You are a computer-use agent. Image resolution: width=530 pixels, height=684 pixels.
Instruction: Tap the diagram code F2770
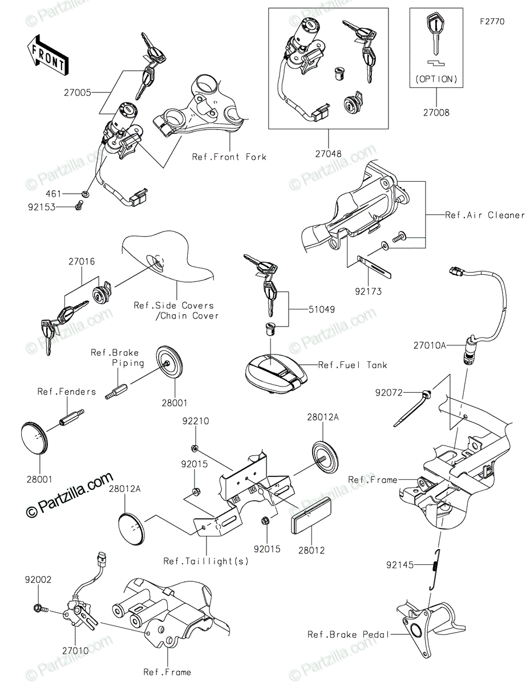click(492, 22)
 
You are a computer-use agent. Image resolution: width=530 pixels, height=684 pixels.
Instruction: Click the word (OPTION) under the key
click(436, 79)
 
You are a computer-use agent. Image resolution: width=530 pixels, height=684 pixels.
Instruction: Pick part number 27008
click(436, 113)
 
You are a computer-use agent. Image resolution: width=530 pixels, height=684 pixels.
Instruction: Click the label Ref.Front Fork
click(229, 157)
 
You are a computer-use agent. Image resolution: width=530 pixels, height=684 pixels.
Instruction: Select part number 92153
click(43, 207)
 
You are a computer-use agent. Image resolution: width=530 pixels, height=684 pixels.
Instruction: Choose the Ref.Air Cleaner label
click(485, 215)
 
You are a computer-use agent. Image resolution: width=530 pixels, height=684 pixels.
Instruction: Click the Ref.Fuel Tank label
click(353, 365)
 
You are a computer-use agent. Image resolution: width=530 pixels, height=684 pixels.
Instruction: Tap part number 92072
click(388, 393)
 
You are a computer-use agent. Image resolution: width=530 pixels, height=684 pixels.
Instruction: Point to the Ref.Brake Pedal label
click(348, 634)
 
